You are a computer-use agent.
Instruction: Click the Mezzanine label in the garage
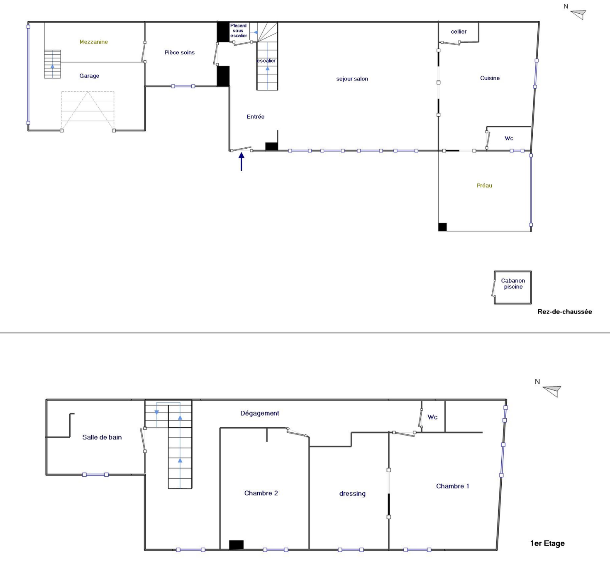pos(94,42)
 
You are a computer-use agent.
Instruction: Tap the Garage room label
pos(89,76)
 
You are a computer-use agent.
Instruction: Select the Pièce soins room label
pos(179,53)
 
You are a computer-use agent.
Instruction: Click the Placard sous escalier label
pos(239,31)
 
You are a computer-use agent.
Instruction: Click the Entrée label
pos(255,117)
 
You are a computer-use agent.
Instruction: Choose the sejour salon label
pos(352,79)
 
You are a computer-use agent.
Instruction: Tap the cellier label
pos(459,32)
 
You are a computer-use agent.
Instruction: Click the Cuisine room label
pos(490,78)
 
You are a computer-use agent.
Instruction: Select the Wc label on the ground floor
pos(509,138)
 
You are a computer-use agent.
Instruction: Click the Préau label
pos(484,186)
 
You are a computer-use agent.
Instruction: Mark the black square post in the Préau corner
pos(442,227)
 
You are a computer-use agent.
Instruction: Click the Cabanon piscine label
pos(513,284)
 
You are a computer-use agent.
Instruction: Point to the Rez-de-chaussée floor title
pos(564,312)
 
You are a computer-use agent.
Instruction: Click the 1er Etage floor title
pos(547,543)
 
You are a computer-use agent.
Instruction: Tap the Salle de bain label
pos(102,437)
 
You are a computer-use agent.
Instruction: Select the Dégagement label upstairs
pos(259,413)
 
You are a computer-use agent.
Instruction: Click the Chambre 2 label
pos(261,493)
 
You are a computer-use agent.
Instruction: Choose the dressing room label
pos(352,494)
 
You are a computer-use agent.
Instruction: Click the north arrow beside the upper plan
pos(578,14)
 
